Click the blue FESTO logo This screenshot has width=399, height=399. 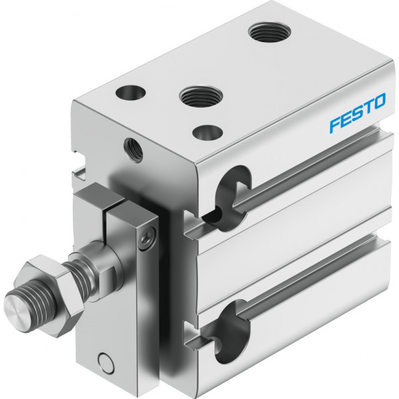358,113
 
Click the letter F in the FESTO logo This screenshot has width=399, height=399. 336,125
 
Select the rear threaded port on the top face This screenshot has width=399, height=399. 269,32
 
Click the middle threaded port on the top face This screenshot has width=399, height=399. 201,96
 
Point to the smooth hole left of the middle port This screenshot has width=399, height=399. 130,92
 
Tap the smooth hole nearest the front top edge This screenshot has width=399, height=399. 207,132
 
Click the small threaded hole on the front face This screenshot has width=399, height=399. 134,150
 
